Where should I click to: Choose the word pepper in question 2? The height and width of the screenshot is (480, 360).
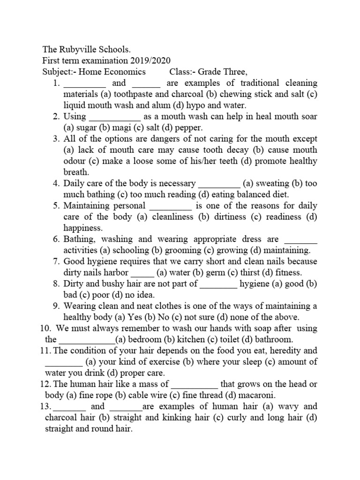(x=190, y=127)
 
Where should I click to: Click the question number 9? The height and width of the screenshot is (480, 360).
(x=55, y=306)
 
